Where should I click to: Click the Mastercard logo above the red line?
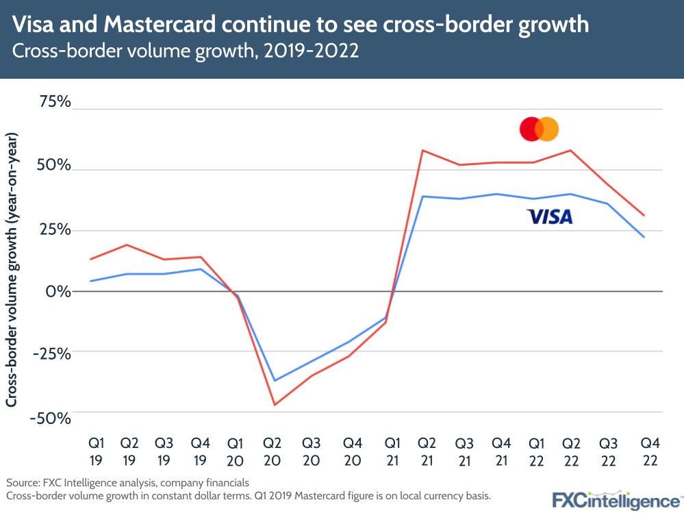[x=539, y=129]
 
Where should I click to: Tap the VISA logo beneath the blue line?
[x=549, y=217]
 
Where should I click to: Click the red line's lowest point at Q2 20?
[x=275, y=405]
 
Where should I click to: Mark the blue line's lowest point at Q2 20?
[x=275, y=381]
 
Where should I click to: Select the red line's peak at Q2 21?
[x=422, y=150]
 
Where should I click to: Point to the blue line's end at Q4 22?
[x=644, y=237]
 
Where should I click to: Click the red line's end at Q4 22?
[x=644, y=215]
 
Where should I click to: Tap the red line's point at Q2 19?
[x=127, y=245]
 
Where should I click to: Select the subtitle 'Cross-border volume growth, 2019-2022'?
[x=186, y=52]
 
